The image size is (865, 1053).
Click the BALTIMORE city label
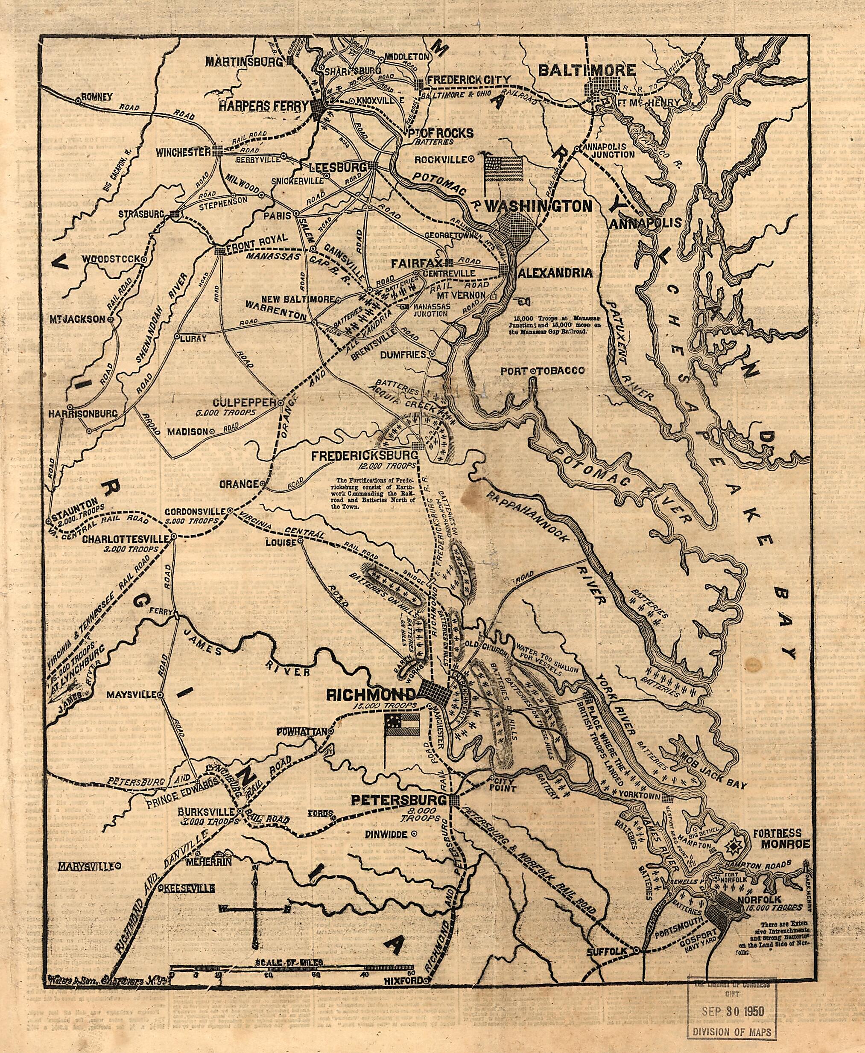pyautogui.click(x=587, y=70)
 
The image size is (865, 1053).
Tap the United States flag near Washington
pyautogui.click(x=504, y=169)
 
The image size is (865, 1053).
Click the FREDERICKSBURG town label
pyautogui.click(x=364, y=456)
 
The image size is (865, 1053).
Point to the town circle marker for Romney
pyautogui.click(x=78, y=100)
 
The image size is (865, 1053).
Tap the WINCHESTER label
pyautogui.click(x=182, y=152)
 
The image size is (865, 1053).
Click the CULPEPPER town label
pyautogui.click(x=245, y=402)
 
